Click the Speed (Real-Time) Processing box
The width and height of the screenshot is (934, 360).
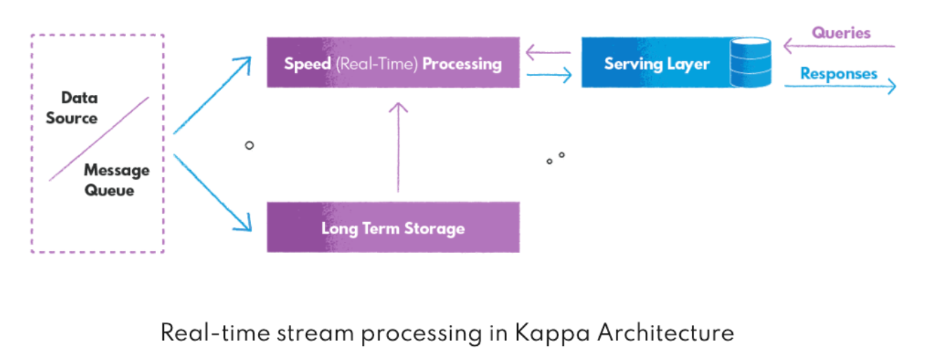392,63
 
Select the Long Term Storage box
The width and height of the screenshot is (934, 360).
392,228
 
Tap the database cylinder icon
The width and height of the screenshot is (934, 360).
750,63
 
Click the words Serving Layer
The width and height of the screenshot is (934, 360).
657,64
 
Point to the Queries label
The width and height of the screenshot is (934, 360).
841,33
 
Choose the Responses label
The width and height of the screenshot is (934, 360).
838,74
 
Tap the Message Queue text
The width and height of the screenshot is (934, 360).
117,180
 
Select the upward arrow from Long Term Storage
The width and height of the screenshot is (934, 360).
398,148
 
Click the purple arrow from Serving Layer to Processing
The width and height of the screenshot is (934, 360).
548,51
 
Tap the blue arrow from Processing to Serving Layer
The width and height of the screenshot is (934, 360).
549,75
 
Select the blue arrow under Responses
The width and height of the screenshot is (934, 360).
840,86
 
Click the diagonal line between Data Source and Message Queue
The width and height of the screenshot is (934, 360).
98,139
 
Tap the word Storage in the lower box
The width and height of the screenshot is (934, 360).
436,229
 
